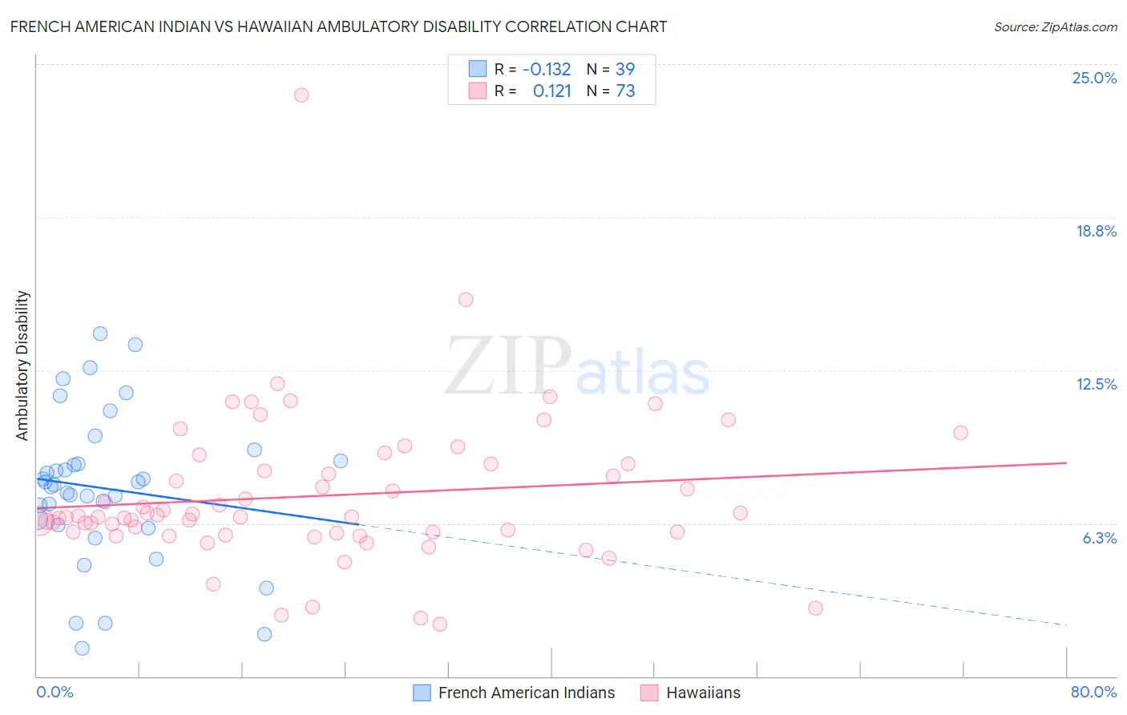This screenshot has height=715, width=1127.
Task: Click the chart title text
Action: (338, 26)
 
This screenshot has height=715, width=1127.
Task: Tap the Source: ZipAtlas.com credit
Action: (1055, 26)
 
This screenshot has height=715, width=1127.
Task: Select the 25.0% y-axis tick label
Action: (1094, 78)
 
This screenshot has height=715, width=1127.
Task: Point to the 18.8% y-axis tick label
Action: (1096, 231)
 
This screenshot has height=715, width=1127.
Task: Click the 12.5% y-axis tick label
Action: (1096, 384)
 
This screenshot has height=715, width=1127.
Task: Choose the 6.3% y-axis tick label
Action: (1099, 538)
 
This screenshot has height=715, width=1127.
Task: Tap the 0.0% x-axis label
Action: (55, 692)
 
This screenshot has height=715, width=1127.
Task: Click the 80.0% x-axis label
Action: (1093, 692)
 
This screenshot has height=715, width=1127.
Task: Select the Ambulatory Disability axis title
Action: (22, 366)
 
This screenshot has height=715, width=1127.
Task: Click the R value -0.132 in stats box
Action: (546, 69)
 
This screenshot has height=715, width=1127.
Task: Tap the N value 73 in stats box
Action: (625, 91)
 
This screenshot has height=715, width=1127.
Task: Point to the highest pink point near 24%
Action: (301, 95)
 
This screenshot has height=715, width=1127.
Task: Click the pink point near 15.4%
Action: (466, 300)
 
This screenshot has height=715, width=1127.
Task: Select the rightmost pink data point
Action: (960, 433)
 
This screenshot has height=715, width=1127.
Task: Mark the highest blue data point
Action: (100, 333)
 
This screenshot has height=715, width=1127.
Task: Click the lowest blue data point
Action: (82, 648)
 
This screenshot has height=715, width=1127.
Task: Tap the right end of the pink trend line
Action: (1066, 463)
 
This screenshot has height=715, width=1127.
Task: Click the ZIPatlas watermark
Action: (577, 367)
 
